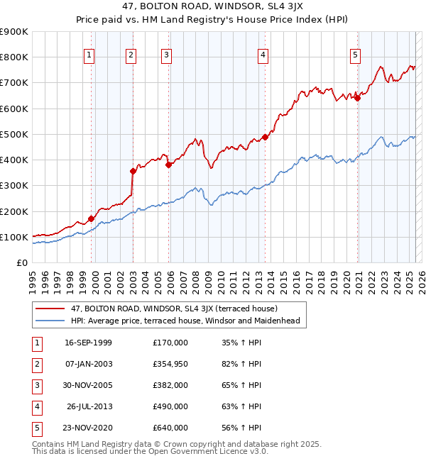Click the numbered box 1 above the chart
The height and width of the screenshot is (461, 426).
[89, 56]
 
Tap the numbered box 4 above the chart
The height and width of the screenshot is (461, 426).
[263, 56]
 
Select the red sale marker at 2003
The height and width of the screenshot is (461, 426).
[133, 171]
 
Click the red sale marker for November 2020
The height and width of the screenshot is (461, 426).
[357, 99]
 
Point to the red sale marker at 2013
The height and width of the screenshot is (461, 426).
[265, 137]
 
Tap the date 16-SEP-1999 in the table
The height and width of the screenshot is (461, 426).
[88, 343]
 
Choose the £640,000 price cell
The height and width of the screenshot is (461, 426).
[170, 428]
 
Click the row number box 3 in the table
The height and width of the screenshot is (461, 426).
[36, 385]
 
